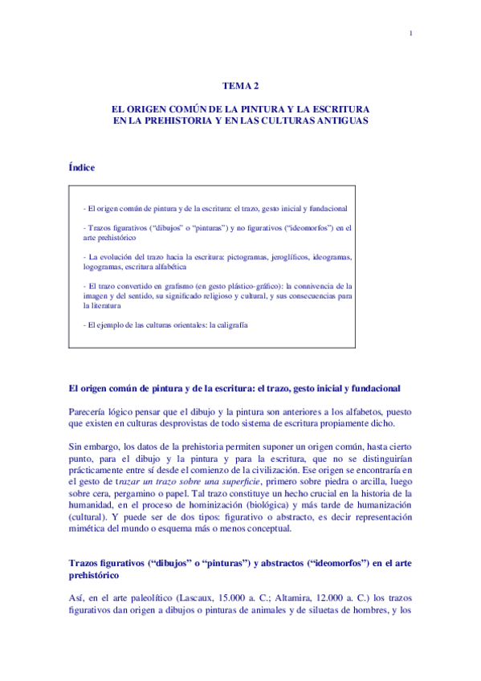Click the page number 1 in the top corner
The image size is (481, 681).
(x=410, y=33)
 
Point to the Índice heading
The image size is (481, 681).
(x=82, y=168)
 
